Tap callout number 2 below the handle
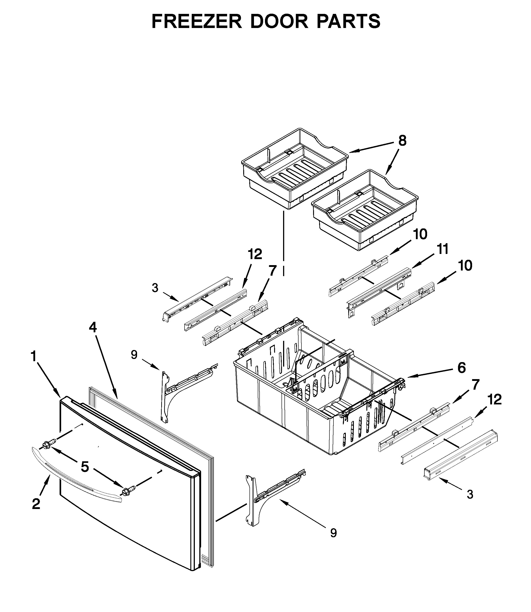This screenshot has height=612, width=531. pos(36,504)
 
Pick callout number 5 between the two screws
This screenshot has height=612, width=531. pos(85,467)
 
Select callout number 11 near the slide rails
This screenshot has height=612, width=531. pos(443,249)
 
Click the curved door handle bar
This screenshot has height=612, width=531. pos(74,480)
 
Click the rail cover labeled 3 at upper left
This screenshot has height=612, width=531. pos(197,299)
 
